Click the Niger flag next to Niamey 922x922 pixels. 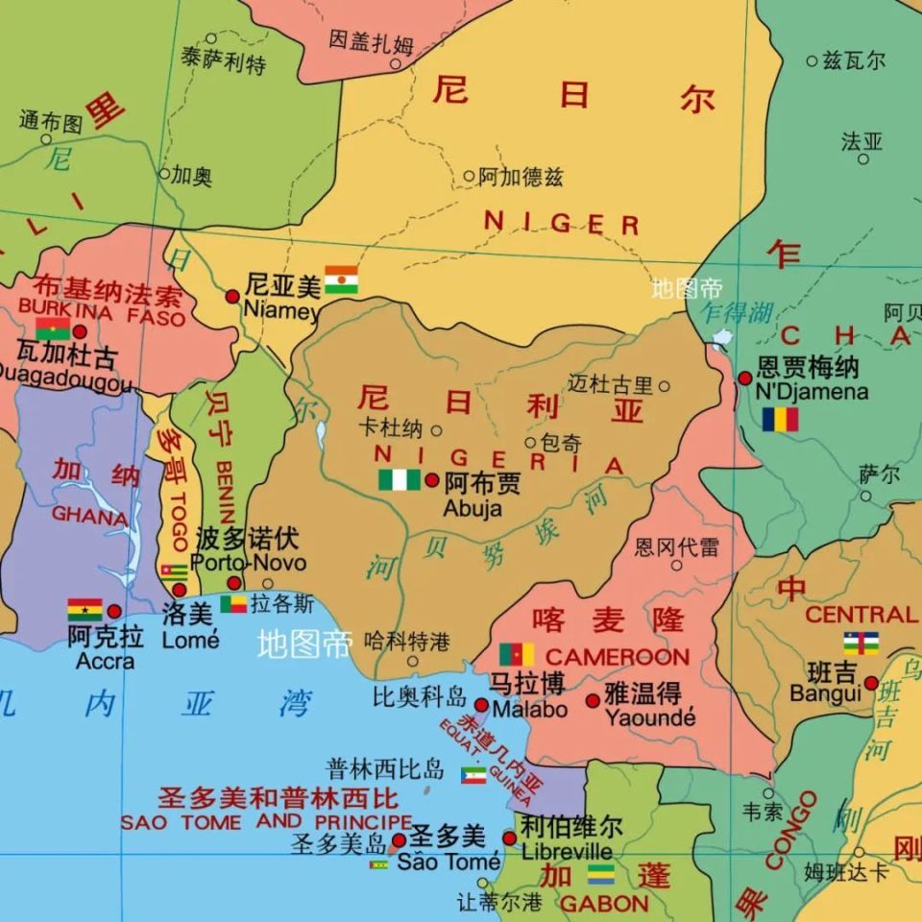(x=341, y=279)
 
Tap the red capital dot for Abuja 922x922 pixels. (x=432, y=480)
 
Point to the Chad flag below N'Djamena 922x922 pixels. (x=780, y=420)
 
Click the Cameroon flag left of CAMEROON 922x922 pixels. (x=517, y=655)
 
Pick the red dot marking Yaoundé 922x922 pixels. (x=593, y=700)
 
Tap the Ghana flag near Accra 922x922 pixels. (x=85, y=610)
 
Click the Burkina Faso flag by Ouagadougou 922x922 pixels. (x=53, y=329)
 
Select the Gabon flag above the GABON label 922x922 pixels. (x=601, y=874)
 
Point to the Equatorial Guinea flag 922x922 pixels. (x=473, y=774)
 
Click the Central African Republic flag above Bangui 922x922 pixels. (x=861, y=643)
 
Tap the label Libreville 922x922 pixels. (x=567, y=852)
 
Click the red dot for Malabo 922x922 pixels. (x=481, y=706)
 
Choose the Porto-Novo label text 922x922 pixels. (x=249, y=563)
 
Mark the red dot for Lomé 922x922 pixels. (x=180, y=590)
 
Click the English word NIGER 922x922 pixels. (x=562, y=224)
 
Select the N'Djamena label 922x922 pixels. (x=812, y=392)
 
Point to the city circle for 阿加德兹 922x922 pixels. (x=469, y=176)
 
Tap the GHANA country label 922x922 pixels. (x=89, y=516)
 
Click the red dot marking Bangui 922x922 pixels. (x=871, y=683)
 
